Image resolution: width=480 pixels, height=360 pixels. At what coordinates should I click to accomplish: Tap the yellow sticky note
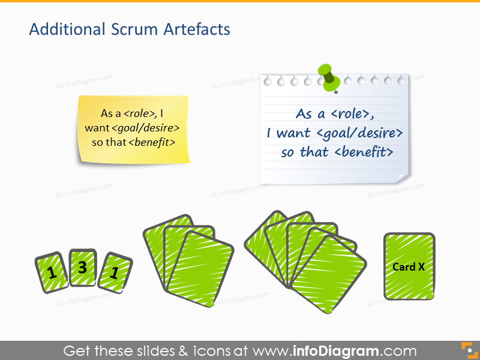pos(133,129)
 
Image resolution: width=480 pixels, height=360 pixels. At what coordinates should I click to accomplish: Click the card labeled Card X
pos(409,267)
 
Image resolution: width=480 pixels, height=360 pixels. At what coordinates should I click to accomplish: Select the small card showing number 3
pos(83,268)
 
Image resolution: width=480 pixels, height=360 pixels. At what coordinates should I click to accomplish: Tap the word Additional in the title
pos(66,29)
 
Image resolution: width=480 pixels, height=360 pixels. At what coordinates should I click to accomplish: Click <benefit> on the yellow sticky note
pos(152,142)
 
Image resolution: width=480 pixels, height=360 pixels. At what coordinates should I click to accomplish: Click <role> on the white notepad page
pos(353,114)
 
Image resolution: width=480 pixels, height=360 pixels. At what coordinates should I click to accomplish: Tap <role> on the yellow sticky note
pos(142,113)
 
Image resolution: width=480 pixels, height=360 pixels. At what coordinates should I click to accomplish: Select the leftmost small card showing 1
pos(51,273)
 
